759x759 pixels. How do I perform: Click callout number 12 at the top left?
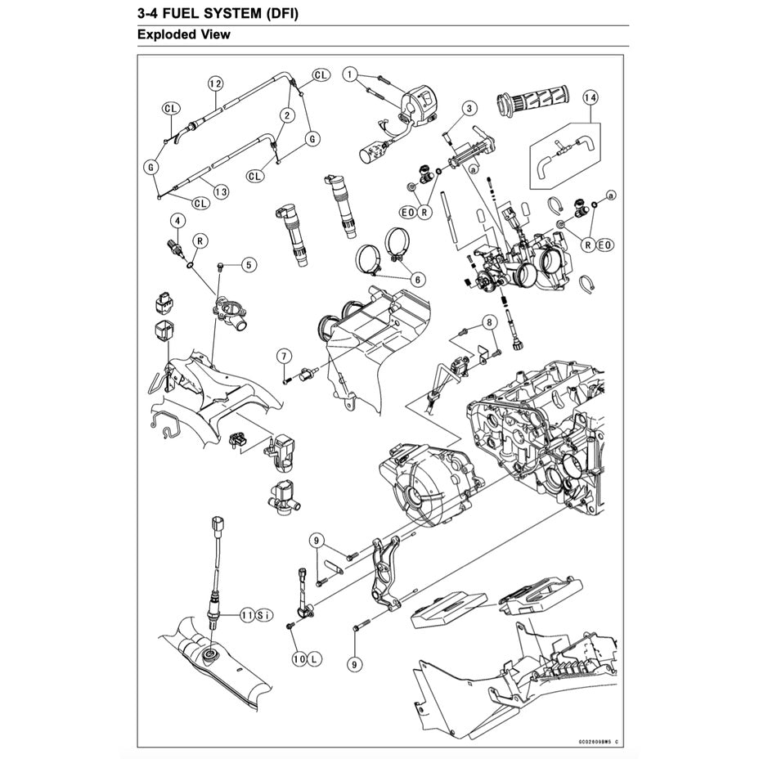click(x=215, y=83)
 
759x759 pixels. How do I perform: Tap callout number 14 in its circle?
click(x=589, y=97)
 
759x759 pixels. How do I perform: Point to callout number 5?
click(x=249, y=264)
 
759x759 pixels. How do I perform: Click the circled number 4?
click(x=176, y=219)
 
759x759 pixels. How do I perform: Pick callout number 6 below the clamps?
click(x=417, y=280)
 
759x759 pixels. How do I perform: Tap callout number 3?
click(x=469, y=108)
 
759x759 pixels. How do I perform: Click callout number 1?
click(x=351, y=75)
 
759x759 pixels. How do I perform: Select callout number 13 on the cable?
click(x=220, y=191)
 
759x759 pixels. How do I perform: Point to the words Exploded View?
click(x=184, y=34)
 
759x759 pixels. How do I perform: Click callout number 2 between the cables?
click(x=287, y=116)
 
